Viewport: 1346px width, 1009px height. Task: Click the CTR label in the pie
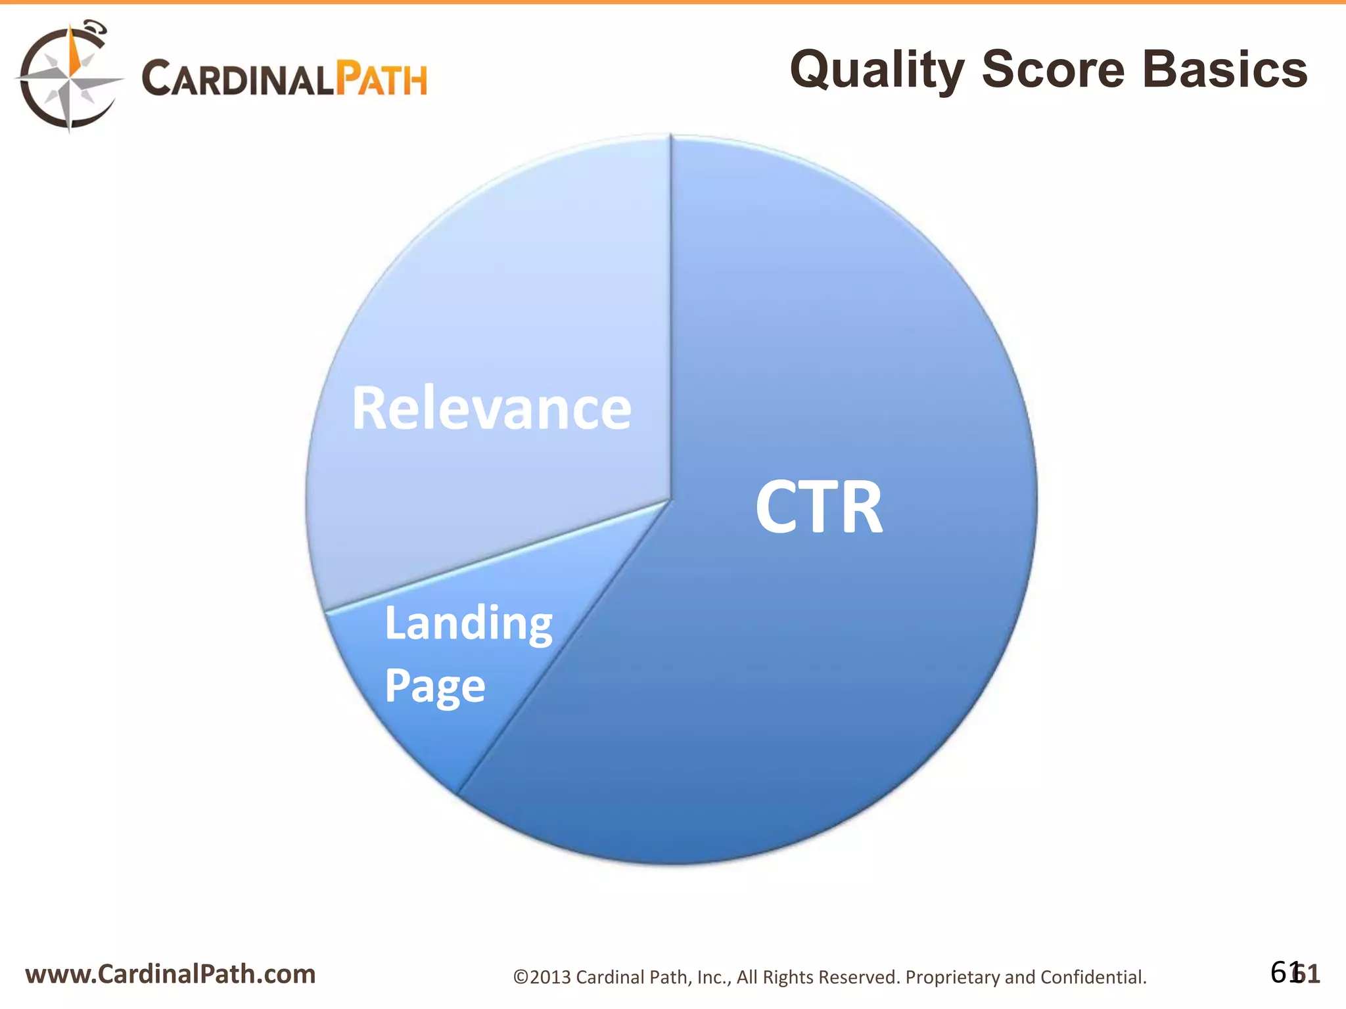point(819,507)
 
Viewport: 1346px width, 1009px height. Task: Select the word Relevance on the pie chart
point(492,409)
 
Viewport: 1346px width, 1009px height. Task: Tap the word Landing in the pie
point(469,624)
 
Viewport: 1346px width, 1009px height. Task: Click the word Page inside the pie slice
point(434,686)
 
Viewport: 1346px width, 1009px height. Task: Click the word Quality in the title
point(877,70)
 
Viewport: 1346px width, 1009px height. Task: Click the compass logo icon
point(68,78)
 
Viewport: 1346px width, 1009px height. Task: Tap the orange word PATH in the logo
point(381,79)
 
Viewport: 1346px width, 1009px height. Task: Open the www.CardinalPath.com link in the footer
point(170,974)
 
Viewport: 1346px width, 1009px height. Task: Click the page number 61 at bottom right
point(1295,973)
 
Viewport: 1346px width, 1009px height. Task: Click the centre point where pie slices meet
point(670,501)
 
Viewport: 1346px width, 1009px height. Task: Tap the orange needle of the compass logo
point(75,53)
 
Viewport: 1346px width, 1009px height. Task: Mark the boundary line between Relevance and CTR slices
point(670,315)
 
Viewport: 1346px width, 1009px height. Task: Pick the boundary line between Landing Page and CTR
point(565,647)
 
